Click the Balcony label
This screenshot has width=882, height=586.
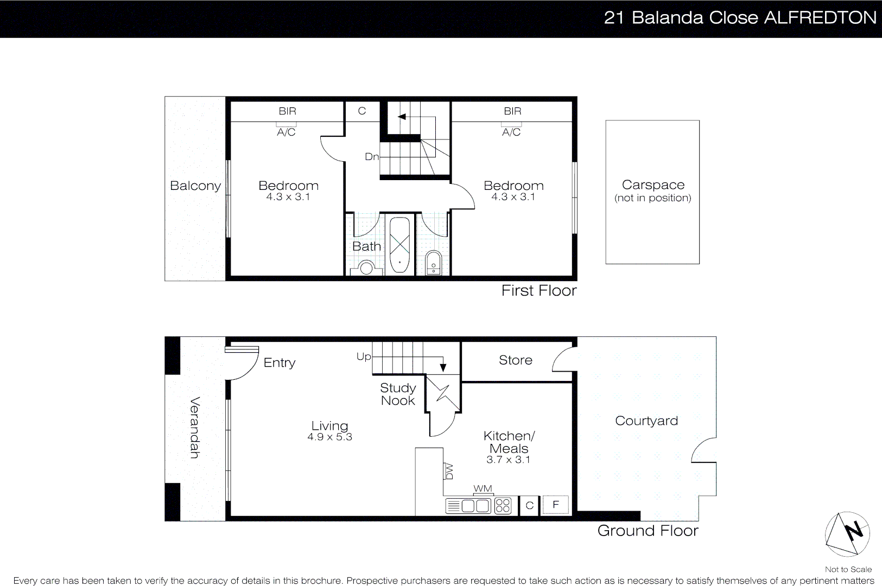(x=195, y=186)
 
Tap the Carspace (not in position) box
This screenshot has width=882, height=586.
(x=652, y=192)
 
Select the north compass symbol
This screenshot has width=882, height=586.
(x=847, y=534)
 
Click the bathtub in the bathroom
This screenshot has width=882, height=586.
(x=400, y=245)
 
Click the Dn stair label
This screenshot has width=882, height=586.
(x=371, y=157)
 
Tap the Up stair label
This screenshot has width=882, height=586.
(x=363, y=356)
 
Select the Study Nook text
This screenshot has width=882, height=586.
(x=398, y=394)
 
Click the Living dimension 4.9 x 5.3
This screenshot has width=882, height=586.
(x=329, y=437)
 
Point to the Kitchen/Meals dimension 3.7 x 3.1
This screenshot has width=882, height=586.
(x=508, y=460)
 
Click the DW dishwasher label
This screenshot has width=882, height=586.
(x=449, y=471)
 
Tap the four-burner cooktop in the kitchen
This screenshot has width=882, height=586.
(x=503, y=506)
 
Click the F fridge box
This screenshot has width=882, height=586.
(x=555, y=505)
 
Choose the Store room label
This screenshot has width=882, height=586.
(x=515, y=360)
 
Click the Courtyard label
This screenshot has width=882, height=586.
(x=646, y=421)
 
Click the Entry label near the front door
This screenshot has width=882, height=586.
(x=280, y=362)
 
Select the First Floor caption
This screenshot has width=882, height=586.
(x=538, y=291)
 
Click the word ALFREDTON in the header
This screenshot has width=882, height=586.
(x=820, y=18)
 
